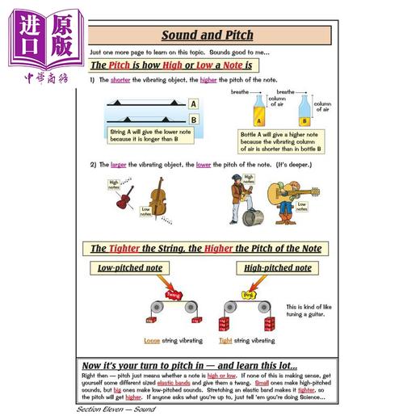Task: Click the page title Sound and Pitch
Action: tap(207, 36)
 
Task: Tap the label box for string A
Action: tap(194, 104)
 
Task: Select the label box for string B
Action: tap(194, 119)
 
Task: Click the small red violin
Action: tap(124, 197)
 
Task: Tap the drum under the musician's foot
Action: tap(252, 217)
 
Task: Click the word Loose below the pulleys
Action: tap(152, 339)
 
